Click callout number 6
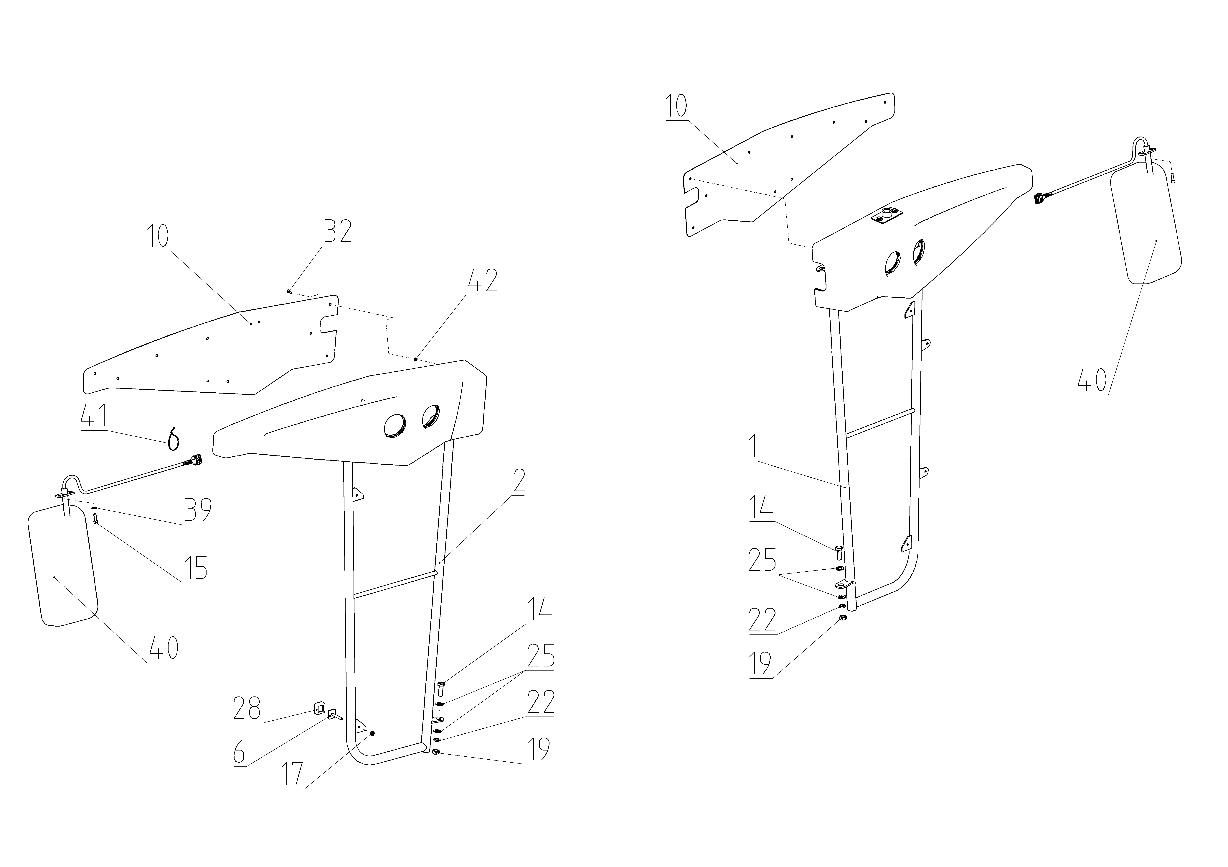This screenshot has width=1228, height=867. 239,753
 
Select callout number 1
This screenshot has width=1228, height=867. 753,447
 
